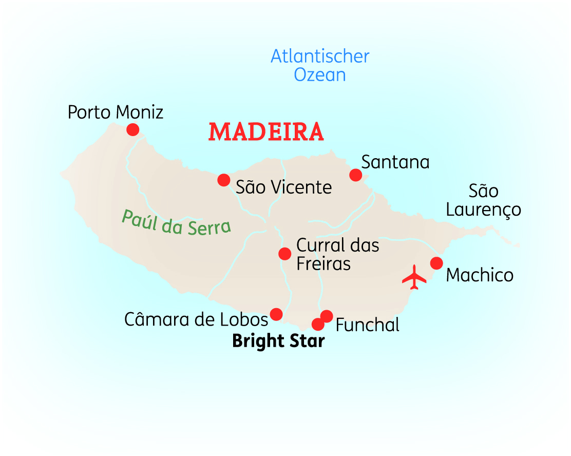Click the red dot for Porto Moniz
pos(133,129)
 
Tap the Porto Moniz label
pos(116,111)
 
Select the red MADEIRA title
pos(266,132)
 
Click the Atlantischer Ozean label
pos(320,65)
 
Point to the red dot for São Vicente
pos(223,180)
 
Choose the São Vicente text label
pos(283,187)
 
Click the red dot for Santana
pos(355,175)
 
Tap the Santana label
pos(395,162)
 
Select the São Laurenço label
pos(483,200)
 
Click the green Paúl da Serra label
pos(176,222)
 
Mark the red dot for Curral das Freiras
pos(284,254)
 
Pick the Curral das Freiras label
pos(337,254)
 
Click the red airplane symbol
pos(414,278)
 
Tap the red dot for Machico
pos(436,263)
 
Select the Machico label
pos(480,275)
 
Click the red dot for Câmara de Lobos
pos(276,314)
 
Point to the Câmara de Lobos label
pos(196,319)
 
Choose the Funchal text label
pos(367,325)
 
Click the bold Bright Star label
pos(278,341)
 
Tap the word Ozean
pos(320,75)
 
